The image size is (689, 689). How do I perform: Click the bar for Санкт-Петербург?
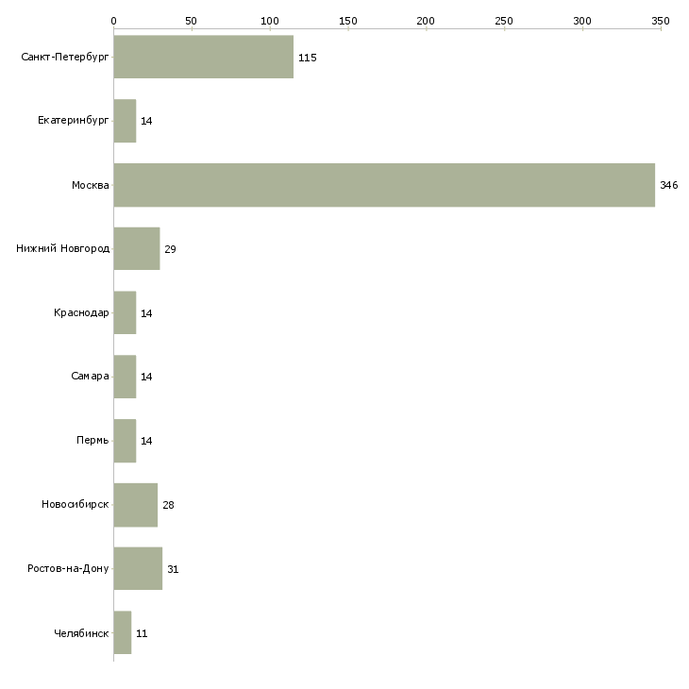203,57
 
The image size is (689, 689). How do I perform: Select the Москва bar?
384,185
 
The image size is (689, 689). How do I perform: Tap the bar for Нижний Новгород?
136,248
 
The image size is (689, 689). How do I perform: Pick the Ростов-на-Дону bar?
138,568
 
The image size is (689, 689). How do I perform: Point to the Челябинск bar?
122,632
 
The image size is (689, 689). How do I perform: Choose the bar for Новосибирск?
135,504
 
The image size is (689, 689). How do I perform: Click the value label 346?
668,185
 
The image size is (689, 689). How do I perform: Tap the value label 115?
307,58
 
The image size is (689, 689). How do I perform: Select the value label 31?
173,569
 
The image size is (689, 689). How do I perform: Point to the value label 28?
168,505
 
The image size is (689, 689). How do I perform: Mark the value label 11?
141,633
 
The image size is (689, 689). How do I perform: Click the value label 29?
170,249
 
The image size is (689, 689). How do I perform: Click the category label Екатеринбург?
74,121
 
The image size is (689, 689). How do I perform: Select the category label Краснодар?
81,312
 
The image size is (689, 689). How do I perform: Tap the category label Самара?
90,377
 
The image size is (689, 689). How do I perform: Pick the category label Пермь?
92,441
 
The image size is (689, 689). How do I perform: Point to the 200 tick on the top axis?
427,20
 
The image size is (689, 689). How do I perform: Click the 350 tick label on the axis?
661,20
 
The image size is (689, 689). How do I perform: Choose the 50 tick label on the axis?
192,20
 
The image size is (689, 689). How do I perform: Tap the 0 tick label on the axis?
113,20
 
